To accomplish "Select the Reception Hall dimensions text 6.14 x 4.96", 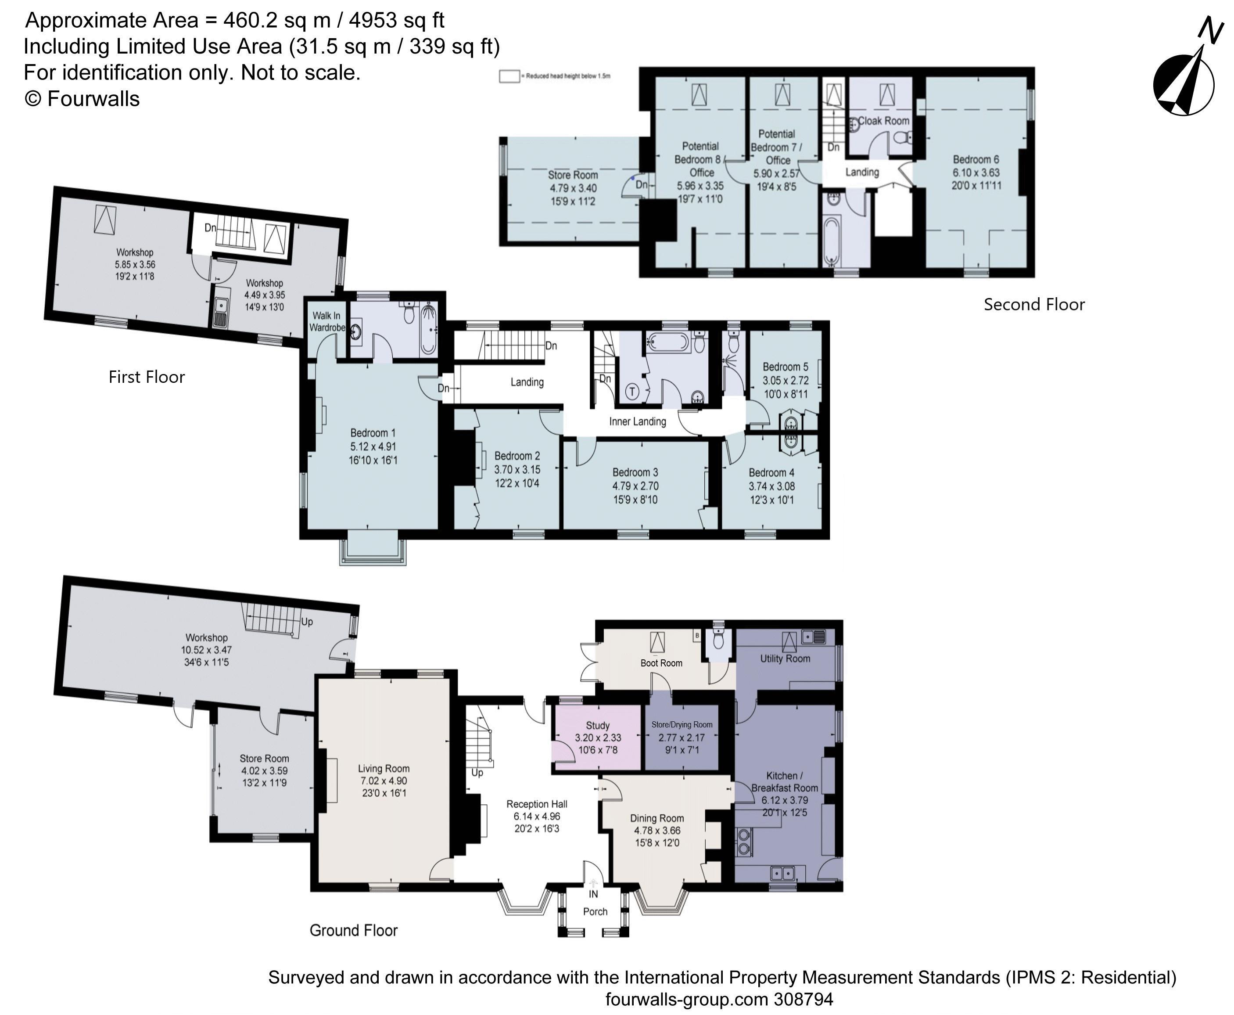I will click(536, 816).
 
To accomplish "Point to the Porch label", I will click(595, 911).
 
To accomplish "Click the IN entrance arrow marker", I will click(593, 884).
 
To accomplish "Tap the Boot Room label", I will click(661, 663).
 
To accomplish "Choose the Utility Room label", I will click(785, 659).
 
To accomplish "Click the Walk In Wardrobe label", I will click(326, 321).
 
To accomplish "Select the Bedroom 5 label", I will click(785, 367).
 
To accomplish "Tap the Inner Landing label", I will click(637, 421).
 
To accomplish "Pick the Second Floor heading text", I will click(1033, 304).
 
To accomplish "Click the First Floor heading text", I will click(147, 377).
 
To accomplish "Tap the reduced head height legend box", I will click(509, 76).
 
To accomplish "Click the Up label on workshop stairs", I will click(307, 622).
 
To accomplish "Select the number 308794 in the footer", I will click(804, 999).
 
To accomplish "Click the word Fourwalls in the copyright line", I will click(93, 99).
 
